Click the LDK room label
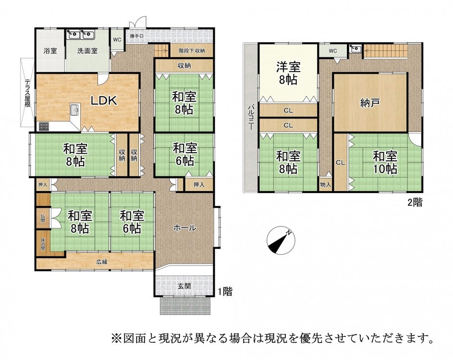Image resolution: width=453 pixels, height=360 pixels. click(x=104, y=100)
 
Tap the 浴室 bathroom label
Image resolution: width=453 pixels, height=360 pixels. click(x=50, y=51)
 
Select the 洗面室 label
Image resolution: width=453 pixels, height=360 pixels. click(x=87, y=51)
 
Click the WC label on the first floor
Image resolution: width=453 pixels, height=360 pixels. click(x=117, y=39)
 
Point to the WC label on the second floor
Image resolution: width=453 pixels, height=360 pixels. click(x=333, y=51)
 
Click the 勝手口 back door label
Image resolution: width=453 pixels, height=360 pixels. click(x=136, y=36)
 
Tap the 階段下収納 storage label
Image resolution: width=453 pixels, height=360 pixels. click(x=192, y=50)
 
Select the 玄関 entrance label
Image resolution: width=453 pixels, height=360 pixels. click(x=184, y=286)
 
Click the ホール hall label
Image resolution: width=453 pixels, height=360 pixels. click(x=185, y=228)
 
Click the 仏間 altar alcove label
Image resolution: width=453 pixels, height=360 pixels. click(x=43, y=218)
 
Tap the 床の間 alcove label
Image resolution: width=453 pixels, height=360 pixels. click(x=43, y=244)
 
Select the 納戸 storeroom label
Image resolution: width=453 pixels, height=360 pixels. click(x=370, y=103)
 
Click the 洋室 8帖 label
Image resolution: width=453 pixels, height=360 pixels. click(x=288, y=73)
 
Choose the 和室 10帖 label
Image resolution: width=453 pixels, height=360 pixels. click(x=385, y=163)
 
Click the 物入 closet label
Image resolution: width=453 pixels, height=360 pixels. click(x=326, y=184)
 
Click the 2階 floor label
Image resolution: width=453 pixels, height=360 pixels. click(x=415, y=203)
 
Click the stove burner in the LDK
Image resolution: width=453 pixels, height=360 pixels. click(x=44, y=126)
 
